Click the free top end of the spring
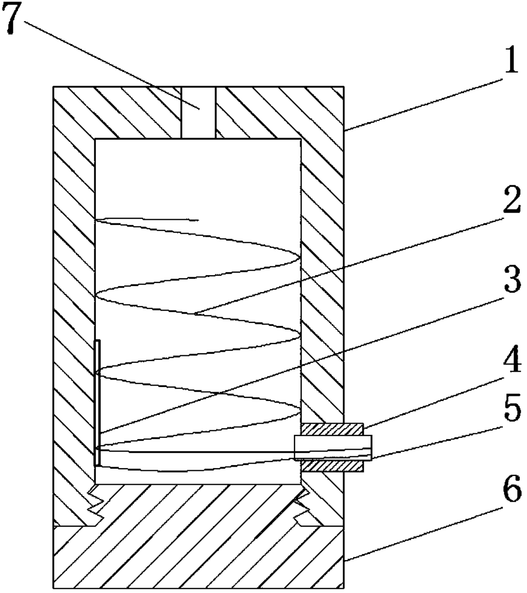pyautogui.click(x=197, y=220)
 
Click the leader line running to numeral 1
pyautogui.click(x=421, y=98)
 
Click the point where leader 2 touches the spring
pyautogui.click(x=196, y=313)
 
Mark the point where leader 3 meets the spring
pyautogui.click(x=221, y=393)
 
